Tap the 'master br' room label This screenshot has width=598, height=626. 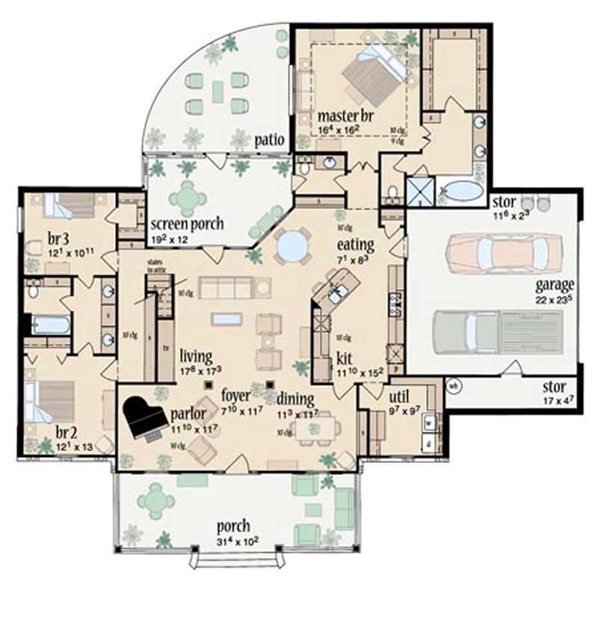(345, 117)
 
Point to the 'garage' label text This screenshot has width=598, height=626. (554, 285)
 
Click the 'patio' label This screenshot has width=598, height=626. (266, 139)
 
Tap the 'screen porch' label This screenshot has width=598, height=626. (187, 224)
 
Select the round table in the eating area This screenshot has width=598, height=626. (292, 245)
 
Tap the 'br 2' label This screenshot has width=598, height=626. (67, 432)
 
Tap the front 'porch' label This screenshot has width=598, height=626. (234, 526)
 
